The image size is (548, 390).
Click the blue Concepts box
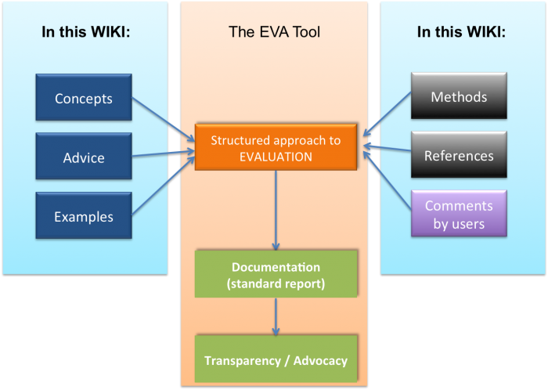84,99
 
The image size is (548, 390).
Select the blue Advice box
84,157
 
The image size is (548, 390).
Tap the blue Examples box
84,216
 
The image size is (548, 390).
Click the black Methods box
459,97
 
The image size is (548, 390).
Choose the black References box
459,155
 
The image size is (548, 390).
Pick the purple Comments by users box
459,214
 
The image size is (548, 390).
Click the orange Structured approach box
276,148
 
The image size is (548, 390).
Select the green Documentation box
276,275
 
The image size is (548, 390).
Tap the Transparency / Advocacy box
276,360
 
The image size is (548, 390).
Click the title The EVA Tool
274,32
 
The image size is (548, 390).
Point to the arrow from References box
387,150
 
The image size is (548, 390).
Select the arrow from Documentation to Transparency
276,316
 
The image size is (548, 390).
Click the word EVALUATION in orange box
276,157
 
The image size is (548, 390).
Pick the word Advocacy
319,360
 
